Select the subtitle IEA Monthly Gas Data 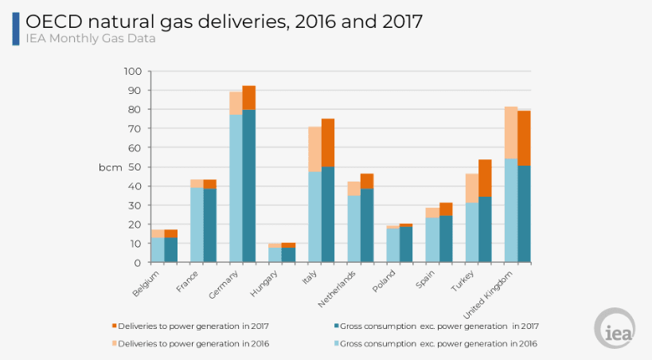89,38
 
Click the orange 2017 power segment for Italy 328,143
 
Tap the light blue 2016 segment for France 197,225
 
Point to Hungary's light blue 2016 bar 275,254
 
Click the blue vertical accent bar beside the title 16,28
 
